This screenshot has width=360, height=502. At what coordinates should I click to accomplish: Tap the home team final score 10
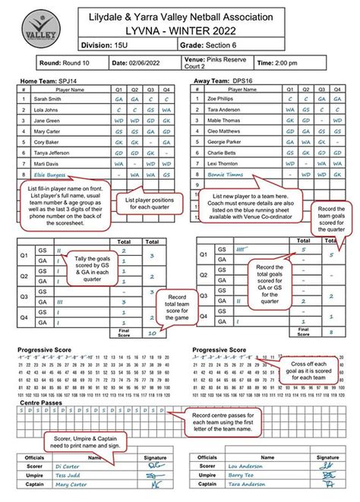pyautogui.click(x=151, y=331)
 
